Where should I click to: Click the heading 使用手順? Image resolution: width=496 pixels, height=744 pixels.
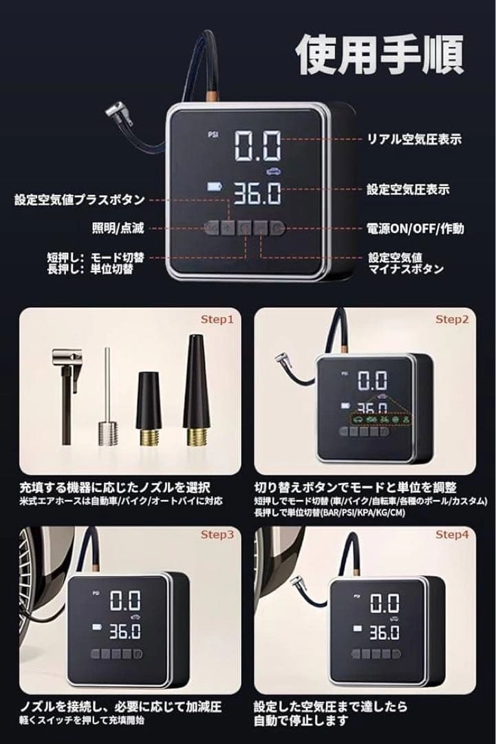pyautogui.click(x=380, y=54)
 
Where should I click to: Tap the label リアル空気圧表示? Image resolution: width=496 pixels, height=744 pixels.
pyautogui.click(x=415, y=139)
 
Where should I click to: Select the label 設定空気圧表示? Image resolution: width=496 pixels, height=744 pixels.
pyautogui.click(x=409, y=190)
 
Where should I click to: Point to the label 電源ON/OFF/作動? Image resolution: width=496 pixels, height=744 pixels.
pyautogui.click(x=416, y=229)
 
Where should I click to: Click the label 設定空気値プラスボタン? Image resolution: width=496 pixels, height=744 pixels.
pyautogui.click(x=80, y=200)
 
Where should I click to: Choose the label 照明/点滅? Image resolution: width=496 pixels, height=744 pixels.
pyautogui.click(x=118, y=229)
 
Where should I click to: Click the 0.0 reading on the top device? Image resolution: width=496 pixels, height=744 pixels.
pyautogui.click(x=258, y=145)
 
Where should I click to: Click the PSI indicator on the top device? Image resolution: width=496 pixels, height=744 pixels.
pyautogui.click(x=213, y=134)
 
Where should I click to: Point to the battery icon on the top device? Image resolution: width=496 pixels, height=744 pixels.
pyautogui.click(x=215, y=186)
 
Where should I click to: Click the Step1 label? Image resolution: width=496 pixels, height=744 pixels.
pyautogui.click(x=217, y=320)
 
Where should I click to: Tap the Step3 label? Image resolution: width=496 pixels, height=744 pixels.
pyautogui.click(x=217, y=535)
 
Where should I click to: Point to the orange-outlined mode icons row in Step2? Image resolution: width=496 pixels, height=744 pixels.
pyautogui.click(x=381, y=420)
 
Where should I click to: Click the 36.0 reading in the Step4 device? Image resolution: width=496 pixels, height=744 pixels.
pyautogui.click(x=384, y=632)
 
